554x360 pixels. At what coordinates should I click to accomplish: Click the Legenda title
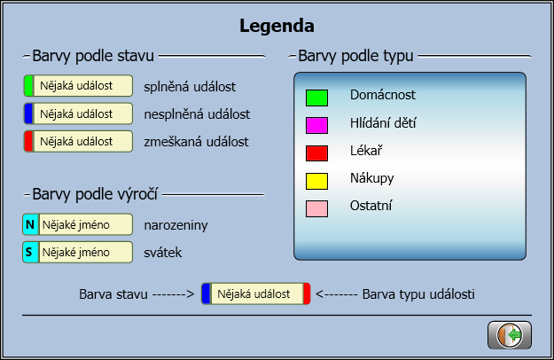pos(277,26)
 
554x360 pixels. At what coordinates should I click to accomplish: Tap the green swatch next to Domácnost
pos(316,96)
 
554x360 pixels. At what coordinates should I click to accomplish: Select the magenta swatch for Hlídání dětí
pos(316,124)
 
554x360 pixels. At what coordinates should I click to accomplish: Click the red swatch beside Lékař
pos(316,153)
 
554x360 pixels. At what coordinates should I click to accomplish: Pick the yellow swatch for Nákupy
pos(316,181)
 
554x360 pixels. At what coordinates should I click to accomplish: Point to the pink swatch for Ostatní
pos(316,208)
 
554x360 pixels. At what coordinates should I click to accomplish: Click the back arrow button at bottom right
pos(510,335)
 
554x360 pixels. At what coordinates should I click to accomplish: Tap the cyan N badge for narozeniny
pos(30,224)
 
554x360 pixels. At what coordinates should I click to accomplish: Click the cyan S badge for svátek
pos(30,252)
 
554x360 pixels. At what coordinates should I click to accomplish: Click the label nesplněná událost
pos(197,113)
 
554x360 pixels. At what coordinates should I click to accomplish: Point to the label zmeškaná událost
pos(196,141)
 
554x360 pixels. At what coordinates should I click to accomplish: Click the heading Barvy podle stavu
pos(94,56)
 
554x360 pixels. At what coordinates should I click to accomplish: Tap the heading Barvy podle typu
pos(356,56)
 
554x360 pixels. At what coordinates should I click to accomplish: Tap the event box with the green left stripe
pos(78,86)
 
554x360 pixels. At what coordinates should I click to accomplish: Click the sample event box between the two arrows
pos(255,293)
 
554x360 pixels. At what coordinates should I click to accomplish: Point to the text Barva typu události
pos(418,293)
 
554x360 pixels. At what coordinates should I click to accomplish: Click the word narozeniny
pos(176,225)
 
